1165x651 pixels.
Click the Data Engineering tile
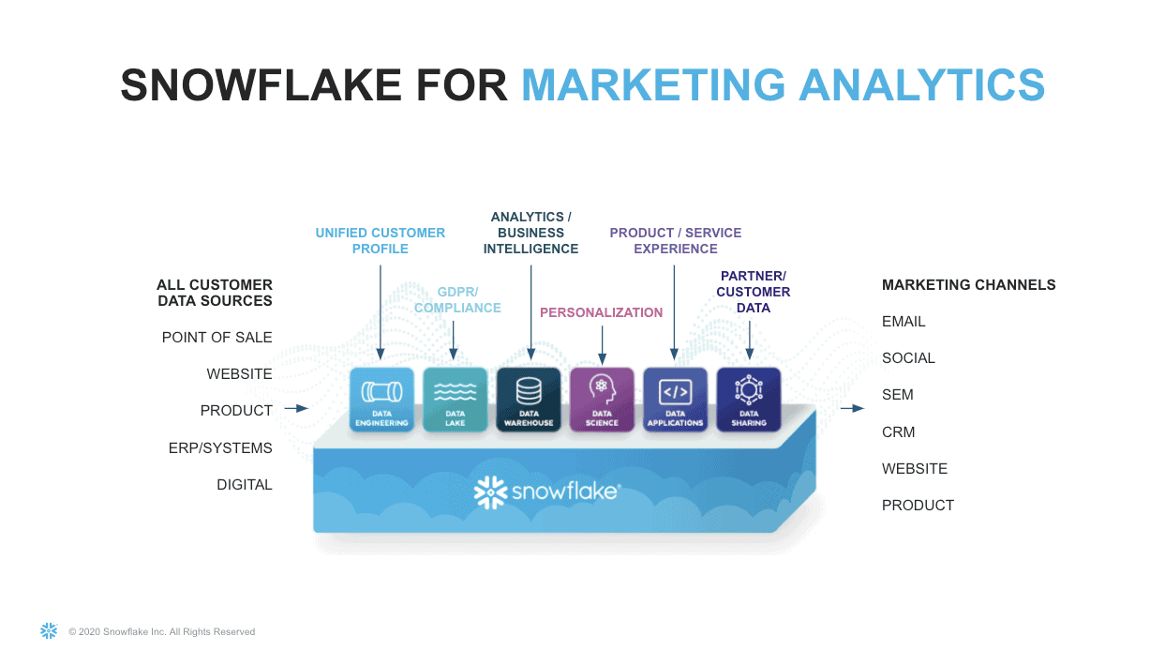(x=381, y=399)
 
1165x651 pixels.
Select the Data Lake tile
(x=456, y=399)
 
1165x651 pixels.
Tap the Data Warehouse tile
(x=529, y=399)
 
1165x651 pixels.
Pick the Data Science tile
(x=602, y=399)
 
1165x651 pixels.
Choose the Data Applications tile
(x=675, y=399)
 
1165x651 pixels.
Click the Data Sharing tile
(x=749, y=399)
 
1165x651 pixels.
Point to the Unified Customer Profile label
(x=381, y=240)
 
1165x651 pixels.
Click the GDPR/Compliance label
(x=457, y=299)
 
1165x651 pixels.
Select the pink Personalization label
(x=601, y=312)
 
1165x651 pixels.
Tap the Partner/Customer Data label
(x=754, y=292)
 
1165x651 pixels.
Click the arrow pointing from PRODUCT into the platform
(x=296, y=408)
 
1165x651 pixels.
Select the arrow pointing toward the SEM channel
(x=852, y=408)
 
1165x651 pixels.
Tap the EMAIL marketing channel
(x=904, y=321)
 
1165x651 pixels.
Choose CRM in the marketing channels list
(x=898, y=431)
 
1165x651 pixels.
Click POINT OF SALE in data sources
(x=217, y=337)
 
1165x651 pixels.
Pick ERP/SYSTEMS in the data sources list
(x=220, y=447)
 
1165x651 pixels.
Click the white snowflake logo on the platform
(x=490, y=492)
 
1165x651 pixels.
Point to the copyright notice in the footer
(x=161, y=632)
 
